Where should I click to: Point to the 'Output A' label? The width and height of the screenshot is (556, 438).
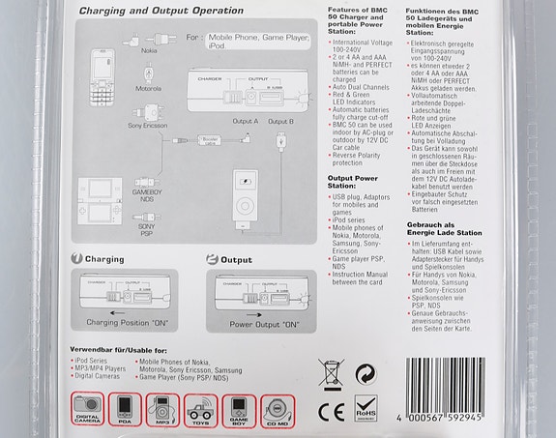246,121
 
